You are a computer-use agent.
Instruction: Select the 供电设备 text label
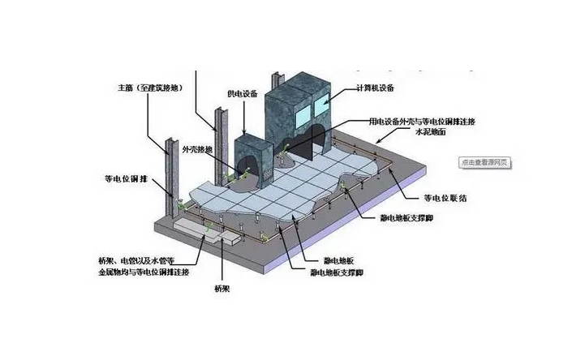point(243,95)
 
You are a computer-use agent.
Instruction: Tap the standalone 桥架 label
point(223,289)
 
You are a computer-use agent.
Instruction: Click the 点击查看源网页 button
point(484,162)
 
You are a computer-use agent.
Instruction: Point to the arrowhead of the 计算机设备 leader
point(325,105)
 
